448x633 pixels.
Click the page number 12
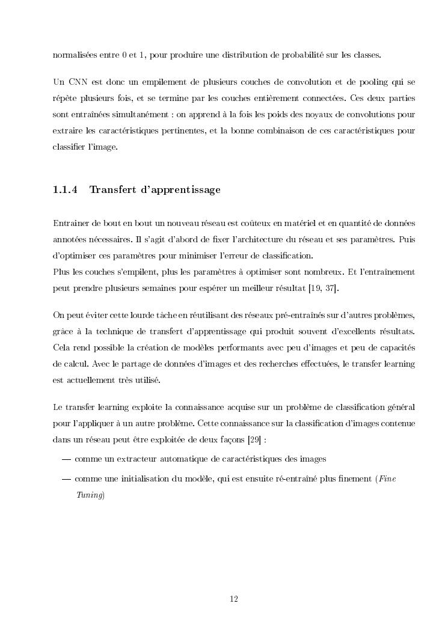[235, 598]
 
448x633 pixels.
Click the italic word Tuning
[89, 495]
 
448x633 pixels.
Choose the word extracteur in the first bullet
[130, 459]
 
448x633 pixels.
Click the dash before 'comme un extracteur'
[66, 459]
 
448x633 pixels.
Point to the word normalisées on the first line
[75, 55]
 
